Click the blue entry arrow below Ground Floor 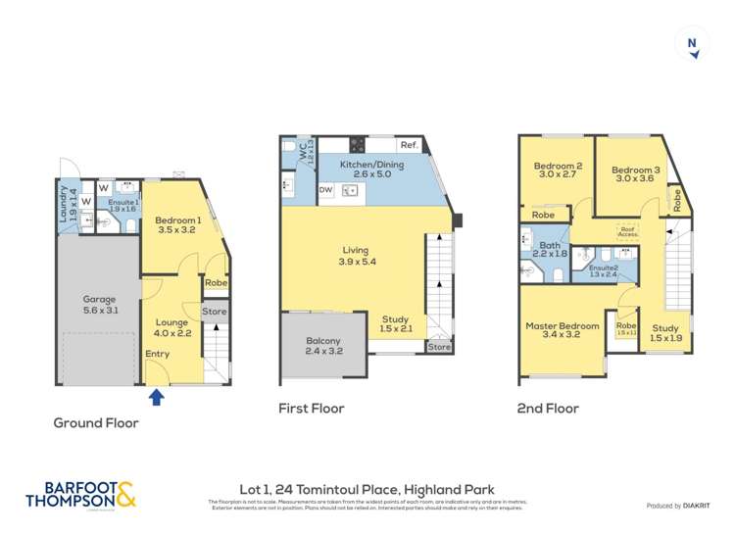155,397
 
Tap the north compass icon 693,46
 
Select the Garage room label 98,304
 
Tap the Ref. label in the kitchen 409,145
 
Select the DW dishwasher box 325,190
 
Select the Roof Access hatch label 626,232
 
